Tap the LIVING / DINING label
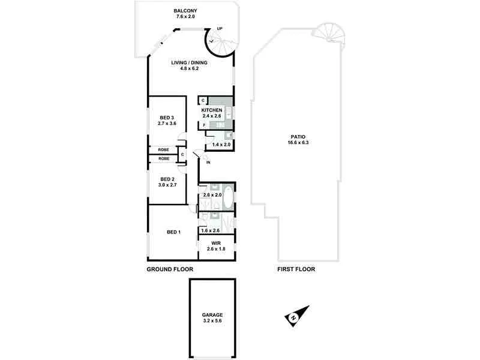(x=184, y=62)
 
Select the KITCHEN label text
(x=212, y=111)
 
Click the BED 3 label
(x=167, y=117)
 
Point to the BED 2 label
(x=167, y=179)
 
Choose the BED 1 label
(x=173, y=232)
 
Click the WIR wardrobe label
(x=216, y=243)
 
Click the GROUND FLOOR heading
(x=170, y=269)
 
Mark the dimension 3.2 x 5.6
(x=213, y=321)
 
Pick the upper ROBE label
(x=163, y=149)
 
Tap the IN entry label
(x=208, y=163)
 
